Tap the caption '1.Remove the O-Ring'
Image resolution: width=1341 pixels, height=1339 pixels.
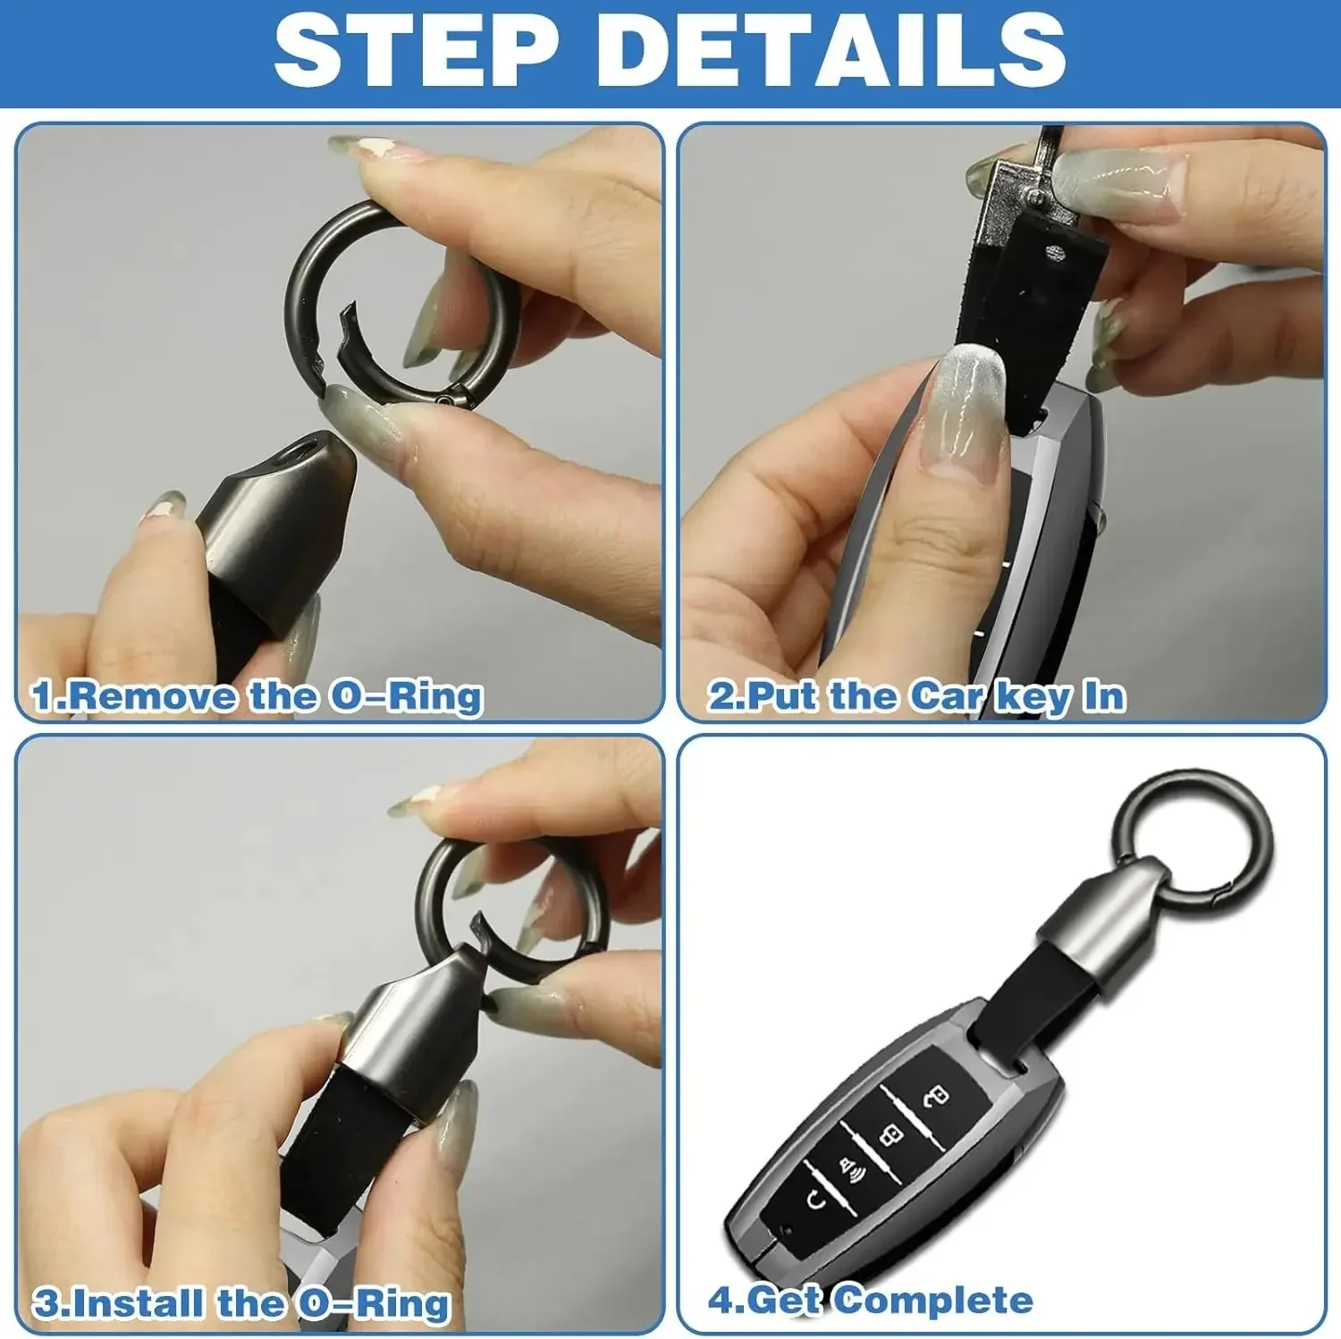[x=257, y=696]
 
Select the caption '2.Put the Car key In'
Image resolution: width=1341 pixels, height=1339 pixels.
[x=916, y=696]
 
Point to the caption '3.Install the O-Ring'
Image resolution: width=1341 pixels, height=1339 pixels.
[x=241, y=1303]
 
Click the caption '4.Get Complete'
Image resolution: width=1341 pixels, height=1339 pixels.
[x=870, y=1300]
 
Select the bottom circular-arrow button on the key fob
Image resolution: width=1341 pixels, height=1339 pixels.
[x=815, y=1200]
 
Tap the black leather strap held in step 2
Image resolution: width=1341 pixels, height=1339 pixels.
[x=1028, y=295]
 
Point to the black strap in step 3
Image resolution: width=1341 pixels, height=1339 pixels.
[x=349, y=1135]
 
